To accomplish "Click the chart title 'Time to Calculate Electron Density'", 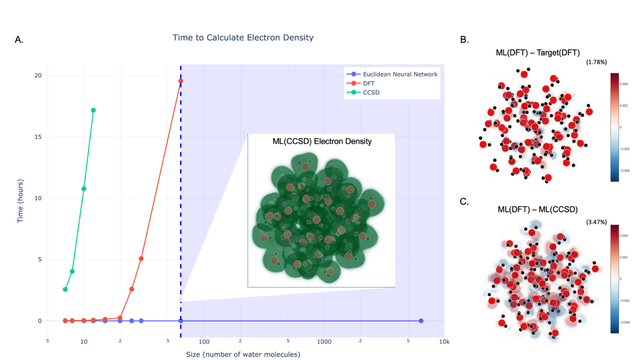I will (243, 38).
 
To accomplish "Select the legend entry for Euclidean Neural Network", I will (400, 74).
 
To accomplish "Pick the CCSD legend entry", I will (371, 93).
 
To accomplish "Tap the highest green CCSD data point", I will (93, 110).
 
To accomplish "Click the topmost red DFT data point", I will (181, 81).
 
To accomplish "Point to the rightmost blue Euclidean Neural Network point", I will (421, 321).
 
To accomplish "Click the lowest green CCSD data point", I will (65, 289).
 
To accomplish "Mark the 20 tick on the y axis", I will (37, 76).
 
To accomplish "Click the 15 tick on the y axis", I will (37, 137).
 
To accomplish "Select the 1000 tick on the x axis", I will (324, 342).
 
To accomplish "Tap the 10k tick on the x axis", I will (444, 342).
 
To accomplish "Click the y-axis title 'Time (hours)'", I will (20, 200).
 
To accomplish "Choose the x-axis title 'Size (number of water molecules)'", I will (243, 354).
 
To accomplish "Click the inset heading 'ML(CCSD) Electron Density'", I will (322, 141).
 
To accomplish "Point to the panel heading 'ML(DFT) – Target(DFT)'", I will (537, 53).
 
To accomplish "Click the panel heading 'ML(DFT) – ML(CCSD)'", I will (537, 210).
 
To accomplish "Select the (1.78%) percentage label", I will (596, 62).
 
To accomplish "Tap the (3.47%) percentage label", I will (596, 222).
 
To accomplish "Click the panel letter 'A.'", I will (19, 40).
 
